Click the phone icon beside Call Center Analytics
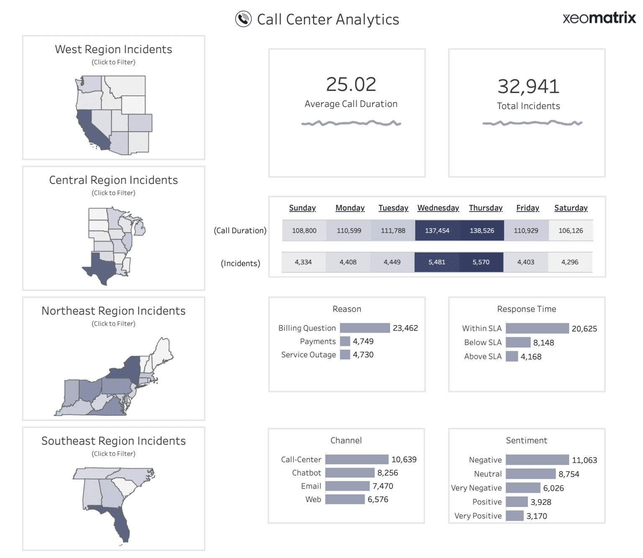(243, 19)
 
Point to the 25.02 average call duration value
(351, 84)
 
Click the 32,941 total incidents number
(528, 87)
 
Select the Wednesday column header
(438, 208)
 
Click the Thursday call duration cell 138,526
(482, 230)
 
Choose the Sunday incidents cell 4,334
(303, 262)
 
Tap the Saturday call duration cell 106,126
(571, 230)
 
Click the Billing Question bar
(365, 328)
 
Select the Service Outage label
(309, 355)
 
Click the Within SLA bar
(537, 328)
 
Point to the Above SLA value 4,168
(531, 357)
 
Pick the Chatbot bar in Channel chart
(350, 473)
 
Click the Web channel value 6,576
(378, 499)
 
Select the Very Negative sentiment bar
(523, 488)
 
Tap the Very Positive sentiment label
(478, 516)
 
